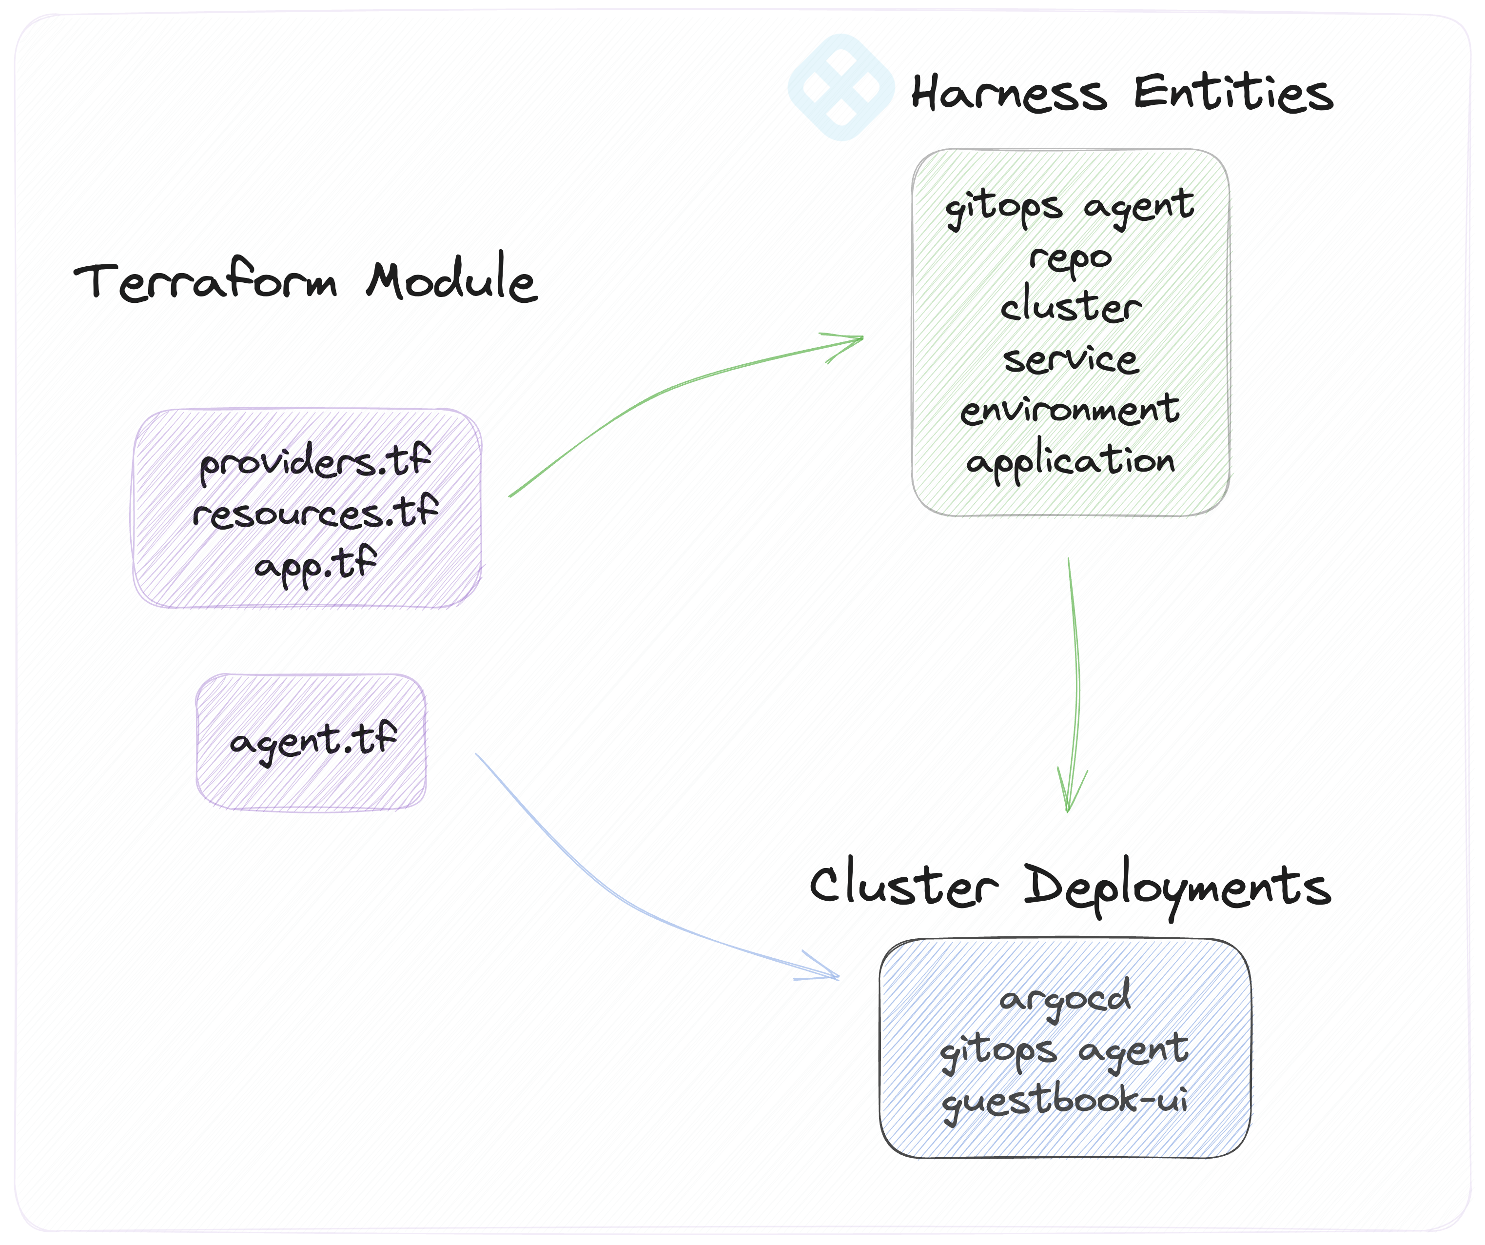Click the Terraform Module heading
pyautogui.click(x=306, y=279)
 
